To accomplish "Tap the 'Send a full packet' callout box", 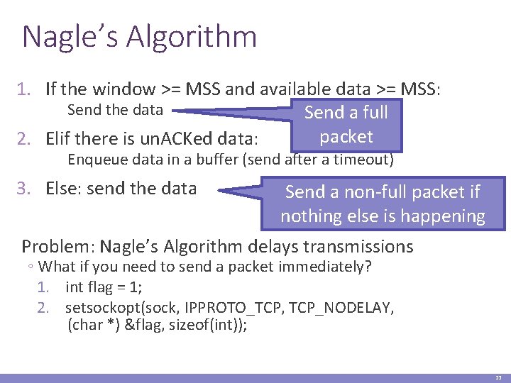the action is pyautogui.click(x=346, y=125).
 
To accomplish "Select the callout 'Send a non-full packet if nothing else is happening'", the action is pyautogui.click(x=383, y=204).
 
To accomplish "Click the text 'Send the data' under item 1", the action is pyautogui.click(x=115, y=110).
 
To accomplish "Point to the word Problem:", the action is pyautogui.click(x=58, y=246).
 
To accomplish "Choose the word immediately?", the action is pyautogui.click(x=330, y=267).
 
